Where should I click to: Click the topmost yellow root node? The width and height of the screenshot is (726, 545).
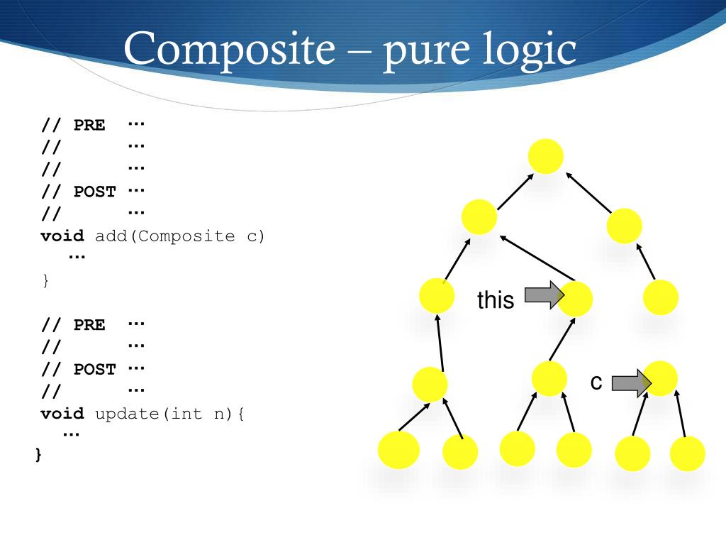[x=546, y=157]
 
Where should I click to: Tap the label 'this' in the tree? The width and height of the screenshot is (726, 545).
[x=496, y=300]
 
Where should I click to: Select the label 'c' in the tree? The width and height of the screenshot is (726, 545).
[x=596, y=383]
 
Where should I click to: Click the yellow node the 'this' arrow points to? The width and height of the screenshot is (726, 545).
[x=575, y=299]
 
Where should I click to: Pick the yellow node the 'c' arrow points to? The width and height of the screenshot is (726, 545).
[x=661, y=378]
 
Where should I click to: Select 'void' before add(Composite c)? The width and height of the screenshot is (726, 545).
[x=62, y=236]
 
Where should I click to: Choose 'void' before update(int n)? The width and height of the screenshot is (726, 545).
[x=62, y=414]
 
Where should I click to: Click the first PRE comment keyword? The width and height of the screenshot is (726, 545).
[x=89, y=126]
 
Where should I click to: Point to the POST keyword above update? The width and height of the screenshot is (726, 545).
[x=95, y=370]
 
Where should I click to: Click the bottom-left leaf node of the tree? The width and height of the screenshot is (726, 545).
[x=398, y=450]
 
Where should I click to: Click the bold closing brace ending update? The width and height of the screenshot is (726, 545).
[x=38, y=455]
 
